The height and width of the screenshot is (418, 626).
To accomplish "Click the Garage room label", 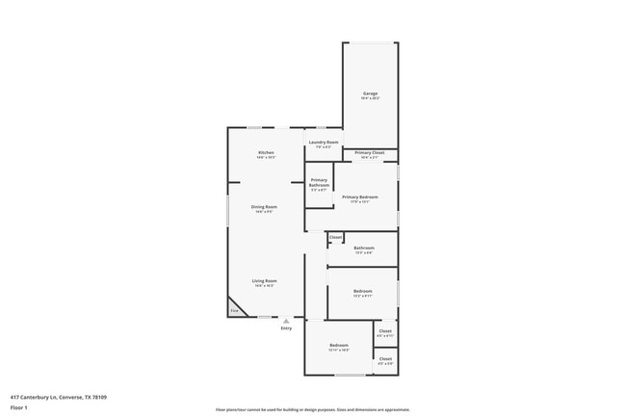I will [371, 93].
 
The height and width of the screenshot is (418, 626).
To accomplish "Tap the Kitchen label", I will [266, 153].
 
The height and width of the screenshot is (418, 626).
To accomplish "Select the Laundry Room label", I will [323, 143].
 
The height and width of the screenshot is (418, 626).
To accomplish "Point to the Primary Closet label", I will [370, 153].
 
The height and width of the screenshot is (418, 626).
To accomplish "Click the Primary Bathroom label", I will [319, 182].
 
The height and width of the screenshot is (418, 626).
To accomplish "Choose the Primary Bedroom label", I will [360, 196].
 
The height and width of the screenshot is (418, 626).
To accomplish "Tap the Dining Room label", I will [265, 207].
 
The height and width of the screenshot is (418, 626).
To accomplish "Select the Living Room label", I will [265, 280].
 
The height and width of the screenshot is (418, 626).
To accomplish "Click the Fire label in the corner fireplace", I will [233, 310].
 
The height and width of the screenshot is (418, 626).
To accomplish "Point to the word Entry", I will [286, 329].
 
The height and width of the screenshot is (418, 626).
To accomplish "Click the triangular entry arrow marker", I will [286, 322].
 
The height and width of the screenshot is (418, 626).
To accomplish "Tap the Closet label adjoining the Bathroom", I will [335, 237].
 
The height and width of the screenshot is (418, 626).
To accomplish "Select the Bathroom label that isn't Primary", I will [363, 248].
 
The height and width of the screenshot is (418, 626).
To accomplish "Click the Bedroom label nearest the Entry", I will [339, 345].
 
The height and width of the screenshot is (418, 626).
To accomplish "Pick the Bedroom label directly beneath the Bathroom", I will [362, 291].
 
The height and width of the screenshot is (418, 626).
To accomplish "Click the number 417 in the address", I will [15, 397].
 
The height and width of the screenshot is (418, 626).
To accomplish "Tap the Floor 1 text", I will [18, 408].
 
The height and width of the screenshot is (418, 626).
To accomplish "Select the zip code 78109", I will [98, 397].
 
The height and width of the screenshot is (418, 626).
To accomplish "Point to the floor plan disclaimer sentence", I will [312, 409].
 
